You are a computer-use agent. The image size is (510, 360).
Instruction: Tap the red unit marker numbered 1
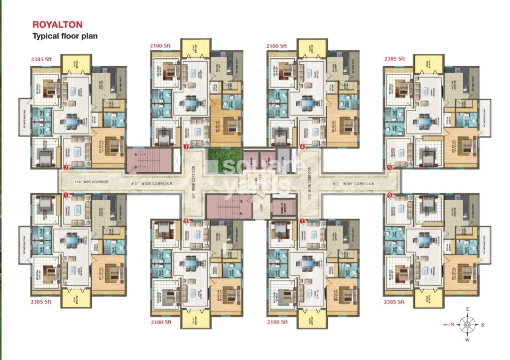point(66,195)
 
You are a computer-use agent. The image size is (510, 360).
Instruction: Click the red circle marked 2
point(66,168)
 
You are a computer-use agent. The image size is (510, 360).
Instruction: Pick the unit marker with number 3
point(186,147)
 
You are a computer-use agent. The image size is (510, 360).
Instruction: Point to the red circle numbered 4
point(302,147)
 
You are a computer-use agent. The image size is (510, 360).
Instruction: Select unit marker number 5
point(389,168)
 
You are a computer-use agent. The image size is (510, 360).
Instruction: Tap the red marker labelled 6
point(389,195)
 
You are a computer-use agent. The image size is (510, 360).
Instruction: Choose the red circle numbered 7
point(302,220)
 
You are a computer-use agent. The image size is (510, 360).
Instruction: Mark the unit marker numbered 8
point(186,220)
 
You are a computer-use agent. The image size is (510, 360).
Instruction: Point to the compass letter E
point(468,309)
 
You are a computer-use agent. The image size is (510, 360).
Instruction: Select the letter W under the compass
point(468,341)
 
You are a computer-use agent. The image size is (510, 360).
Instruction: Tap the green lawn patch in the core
point(222,160)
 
